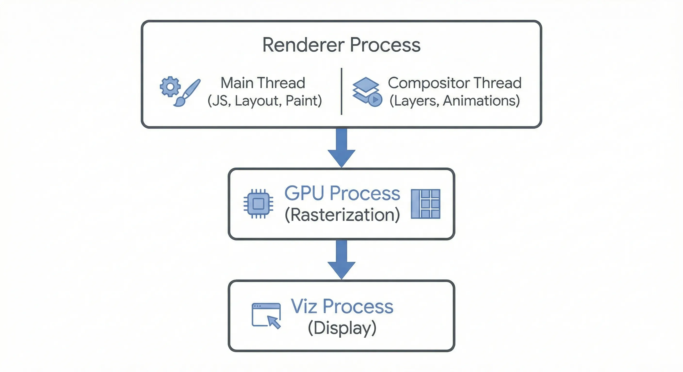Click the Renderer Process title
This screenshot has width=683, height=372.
point(341,45)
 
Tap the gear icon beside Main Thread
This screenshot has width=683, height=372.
point(170,86)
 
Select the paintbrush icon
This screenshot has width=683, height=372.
point(187,93)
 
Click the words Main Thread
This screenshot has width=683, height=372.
point(263,83)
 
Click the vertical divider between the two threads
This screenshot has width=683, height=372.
point(341,91)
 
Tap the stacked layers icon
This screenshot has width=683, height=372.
point(366,90)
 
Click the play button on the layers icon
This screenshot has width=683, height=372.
point(375,100)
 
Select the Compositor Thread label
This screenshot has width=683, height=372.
point(455,83)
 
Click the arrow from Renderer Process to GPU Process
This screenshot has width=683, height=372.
point(341,148)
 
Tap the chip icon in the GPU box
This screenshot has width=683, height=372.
point(259,204)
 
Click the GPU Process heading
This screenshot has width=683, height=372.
point(342,193)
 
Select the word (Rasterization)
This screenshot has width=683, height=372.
point(342,215)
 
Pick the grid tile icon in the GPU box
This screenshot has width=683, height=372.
point(426,204)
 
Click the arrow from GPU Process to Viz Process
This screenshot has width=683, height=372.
point(341,260)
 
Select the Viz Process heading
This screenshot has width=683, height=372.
point(342,306)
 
